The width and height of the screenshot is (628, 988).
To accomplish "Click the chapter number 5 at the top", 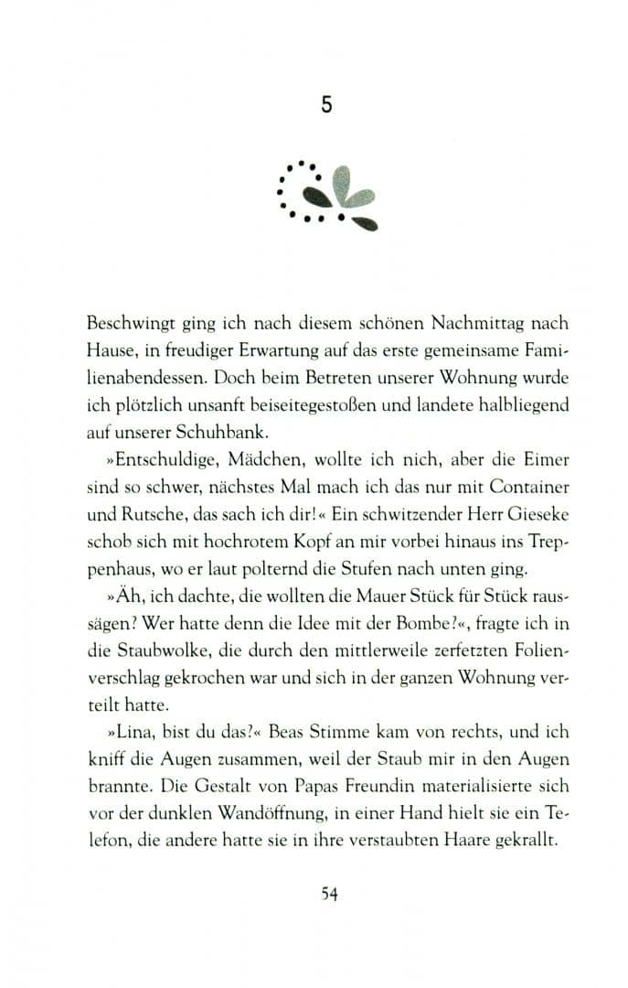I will click(326, 105).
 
